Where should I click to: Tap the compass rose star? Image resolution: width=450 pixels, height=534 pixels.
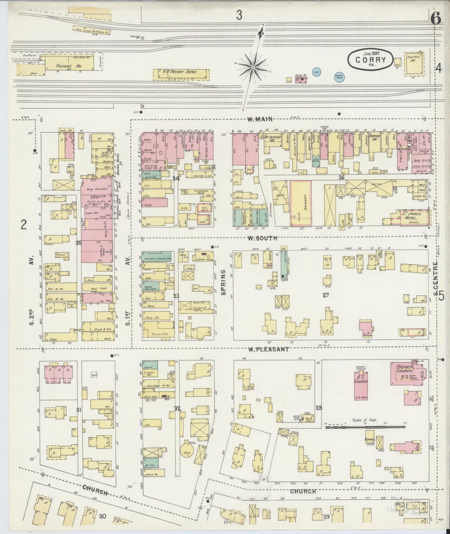point(253,67)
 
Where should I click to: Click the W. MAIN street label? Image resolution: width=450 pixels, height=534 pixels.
point(260,119)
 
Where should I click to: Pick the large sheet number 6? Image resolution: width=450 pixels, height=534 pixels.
point(436,19)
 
